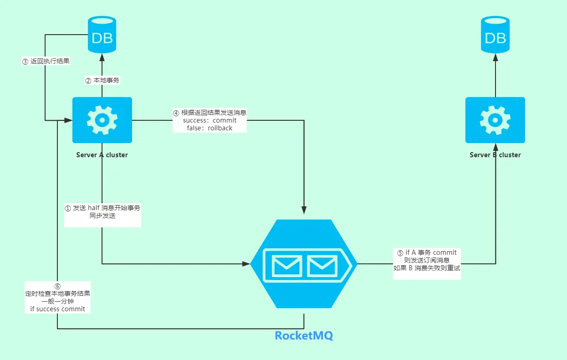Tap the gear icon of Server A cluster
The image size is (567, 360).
pyautogui.click(x=102, y=120)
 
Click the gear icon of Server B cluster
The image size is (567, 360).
pyautogui.click(x=495, y=120)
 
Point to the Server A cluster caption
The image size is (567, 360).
pyautogui.click(x=102, y=155)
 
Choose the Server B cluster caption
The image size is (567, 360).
pyautogui.click(x=495, y=155)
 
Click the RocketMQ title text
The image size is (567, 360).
pyautogui.click(x=304, y=336)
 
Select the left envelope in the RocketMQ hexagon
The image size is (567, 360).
pyautogui.click(x=286, y=266)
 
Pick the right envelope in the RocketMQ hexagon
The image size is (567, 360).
pyautogui.click(x=322, y=266)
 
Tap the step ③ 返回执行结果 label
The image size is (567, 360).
pyautogui.click(x=46, y=61)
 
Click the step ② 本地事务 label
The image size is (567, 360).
pyautogui.click(x=102, y=81)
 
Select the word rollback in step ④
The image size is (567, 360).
pyautogui.click(x=220, y=129)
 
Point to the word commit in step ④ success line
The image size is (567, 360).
pyautogui.click(x=225, y=121)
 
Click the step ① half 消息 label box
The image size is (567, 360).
pyautogui.click(x=102, y=212)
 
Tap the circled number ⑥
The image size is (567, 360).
pyautogui.click(x=57, y=286)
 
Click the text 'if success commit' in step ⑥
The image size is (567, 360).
pyautogui.click(x=57, y=309)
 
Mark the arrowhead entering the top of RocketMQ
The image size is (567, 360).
pyautogui.click(x=304, y=210)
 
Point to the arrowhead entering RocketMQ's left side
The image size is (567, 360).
pyautogui.click(x=246, y=263)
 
